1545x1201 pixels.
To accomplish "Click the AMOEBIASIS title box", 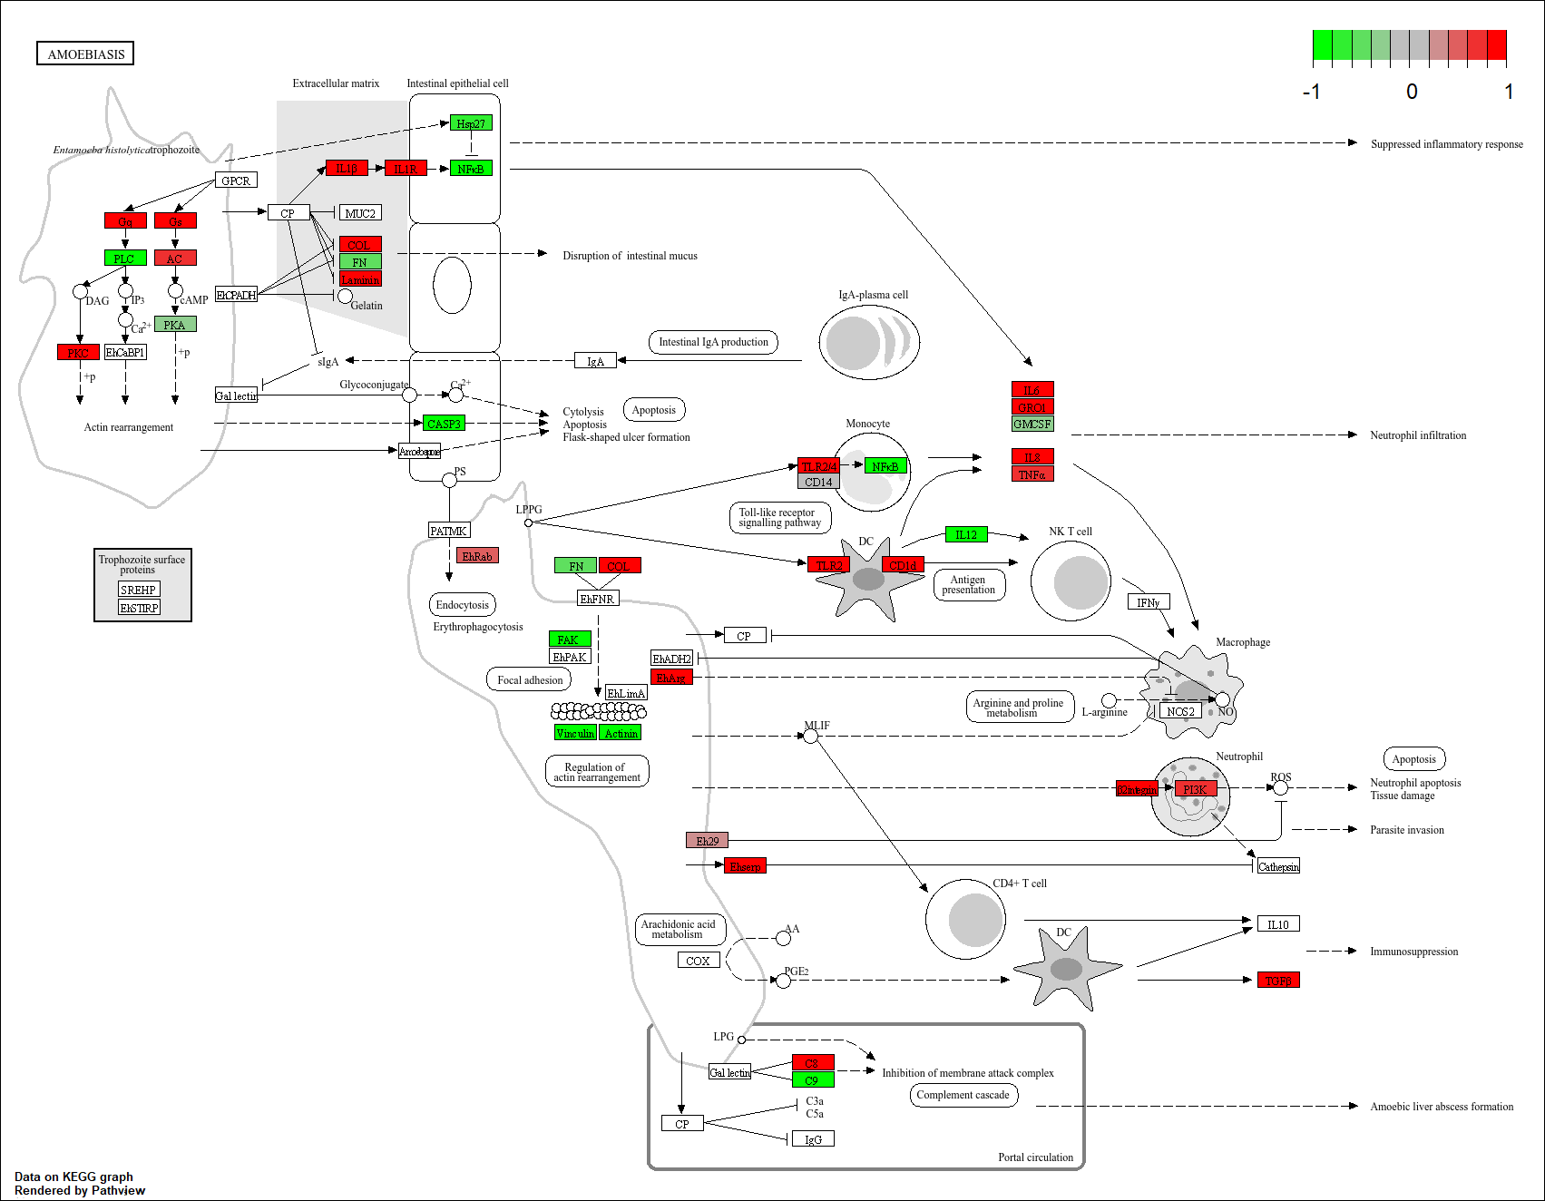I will pos(86,54).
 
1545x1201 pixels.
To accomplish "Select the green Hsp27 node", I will pos(471,123).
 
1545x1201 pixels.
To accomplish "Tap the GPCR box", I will pos(236,181).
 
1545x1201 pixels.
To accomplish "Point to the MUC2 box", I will pos(360,213).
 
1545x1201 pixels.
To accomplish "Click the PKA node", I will pos(175,325).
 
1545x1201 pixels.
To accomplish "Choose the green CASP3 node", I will pos(444,424).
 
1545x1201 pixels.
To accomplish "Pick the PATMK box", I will pos(449,531).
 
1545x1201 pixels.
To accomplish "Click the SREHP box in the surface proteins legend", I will pos(139,590).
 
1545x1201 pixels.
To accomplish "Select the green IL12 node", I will pos(966,535).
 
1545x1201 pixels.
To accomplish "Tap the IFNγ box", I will pos(1149,602).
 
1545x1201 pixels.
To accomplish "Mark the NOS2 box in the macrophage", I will pos(1180,711).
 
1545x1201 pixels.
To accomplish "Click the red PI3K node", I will pos(1195,789).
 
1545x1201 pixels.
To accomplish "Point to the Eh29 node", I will pos(707,841).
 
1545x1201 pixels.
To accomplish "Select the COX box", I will pos(699,961).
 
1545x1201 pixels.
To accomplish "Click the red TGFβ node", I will pos(1278,981).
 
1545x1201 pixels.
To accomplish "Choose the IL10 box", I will pos(1278,924).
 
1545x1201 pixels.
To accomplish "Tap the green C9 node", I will pos(813,1080).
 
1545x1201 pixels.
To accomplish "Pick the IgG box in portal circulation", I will pos(813,1139).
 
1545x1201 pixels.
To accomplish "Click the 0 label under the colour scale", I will pos(1412,92).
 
